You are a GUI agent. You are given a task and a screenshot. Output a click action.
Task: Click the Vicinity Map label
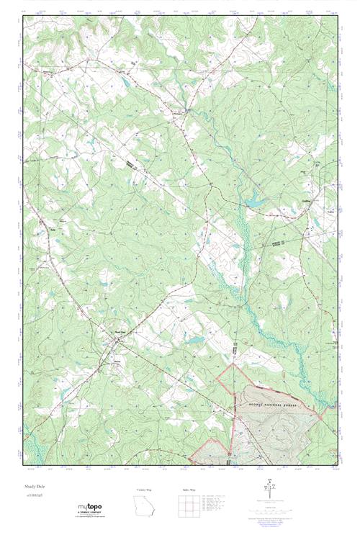point(145,490)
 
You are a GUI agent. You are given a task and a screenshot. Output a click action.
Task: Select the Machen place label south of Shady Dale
point(118,361)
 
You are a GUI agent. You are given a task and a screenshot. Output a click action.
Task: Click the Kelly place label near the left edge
point(53,230)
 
